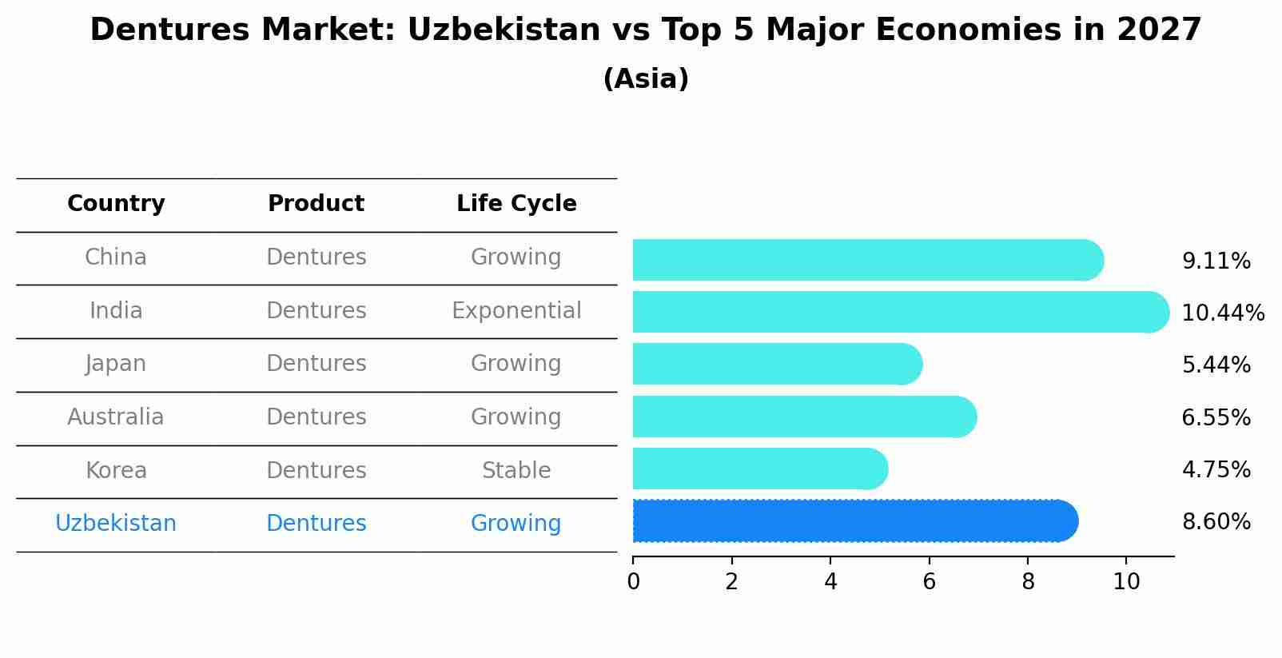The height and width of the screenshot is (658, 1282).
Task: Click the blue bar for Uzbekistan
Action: click(855, 521)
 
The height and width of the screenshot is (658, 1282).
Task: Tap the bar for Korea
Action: click(760, 469)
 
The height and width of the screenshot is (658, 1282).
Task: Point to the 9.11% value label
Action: click(1216, 261)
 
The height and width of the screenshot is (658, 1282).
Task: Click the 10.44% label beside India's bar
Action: click(1223, 313)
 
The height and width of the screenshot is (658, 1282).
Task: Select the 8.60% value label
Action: click(1216, 522)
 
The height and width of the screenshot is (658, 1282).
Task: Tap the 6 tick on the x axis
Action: click(929, 582)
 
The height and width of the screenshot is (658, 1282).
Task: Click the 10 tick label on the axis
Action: click(1126, 582)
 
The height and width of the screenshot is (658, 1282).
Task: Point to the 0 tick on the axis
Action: click(634, 582)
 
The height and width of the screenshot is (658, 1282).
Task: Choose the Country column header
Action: click(116, 204)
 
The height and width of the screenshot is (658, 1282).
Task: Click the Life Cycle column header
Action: click(516, 204)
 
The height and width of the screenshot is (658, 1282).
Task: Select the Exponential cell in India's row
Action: click(516, 310)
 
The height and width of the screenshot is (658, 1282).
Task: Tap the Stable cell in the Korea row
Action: click(516, 470)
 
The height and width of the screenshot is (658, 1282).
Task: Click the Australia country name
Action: click(116, 417)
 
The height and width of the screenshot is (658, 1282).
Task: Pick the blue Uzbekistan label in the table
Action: click(116, 524)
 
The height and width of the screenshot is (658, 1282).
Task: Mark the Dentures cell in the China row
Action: click(317, 257)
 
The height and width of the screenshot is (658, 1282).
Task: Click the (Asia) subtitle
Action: click(646, 79)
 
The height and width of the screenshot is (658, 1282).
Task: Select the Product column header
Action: click(317, 204)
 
